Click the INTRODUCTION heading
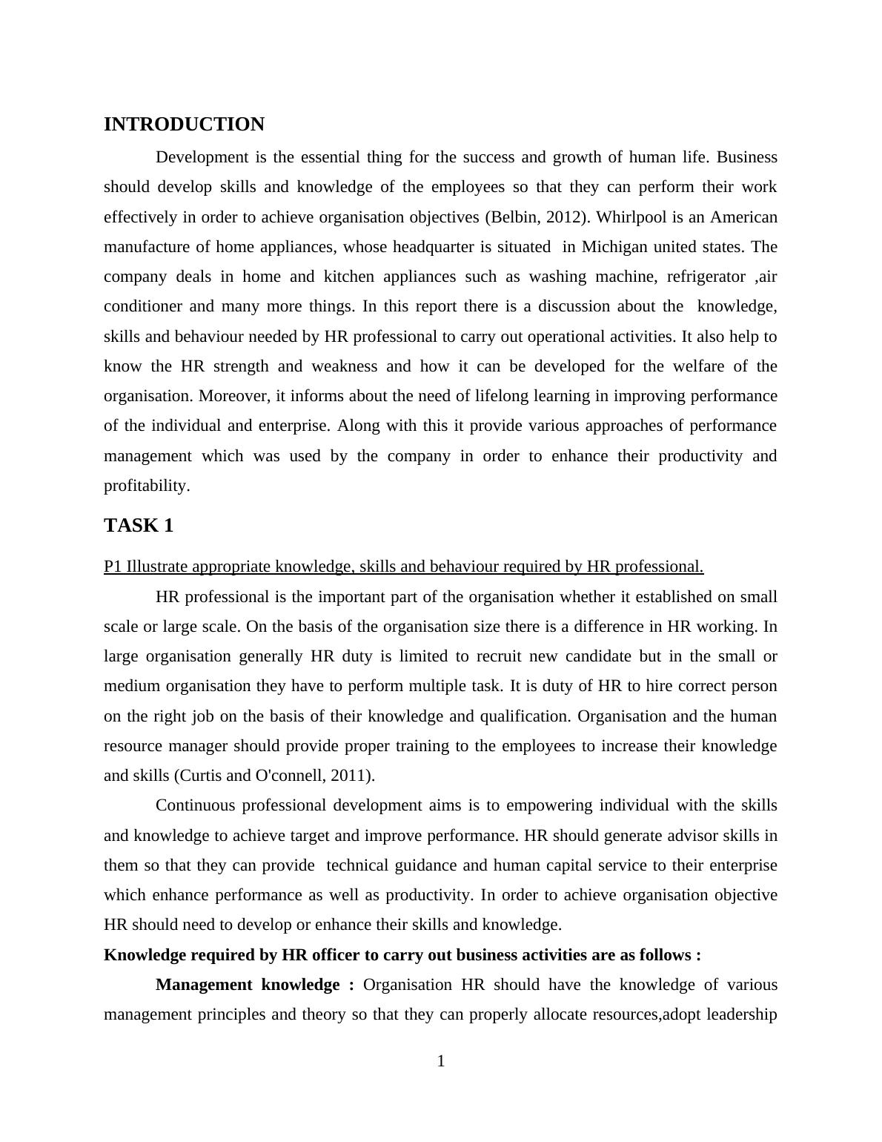(184, 125)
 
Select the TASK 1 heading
(139, 526)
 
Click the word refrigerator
(706, 277)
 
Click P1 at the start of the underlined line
(113, 567)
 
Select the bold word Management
(205, 985)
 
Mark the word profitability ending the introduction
(145, 486)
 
